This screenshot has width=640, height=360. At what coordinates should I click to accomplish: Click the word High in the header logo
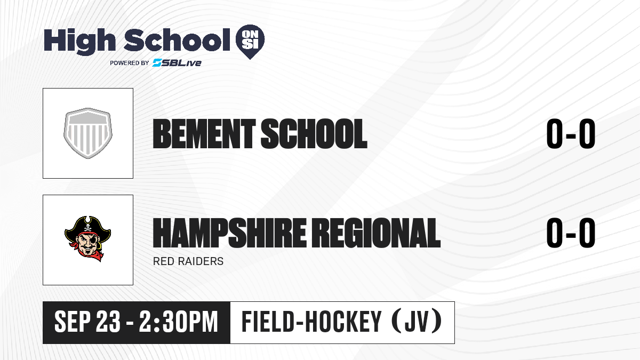pyautogui.click(x=79, y=41)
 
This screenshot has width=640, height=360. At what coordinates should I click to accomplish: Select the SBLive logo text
pyautogui.click(x=177, y=63)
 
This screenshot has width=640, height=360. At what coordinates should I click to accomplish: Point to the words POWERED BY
pyautogui.click(x=130, y=63)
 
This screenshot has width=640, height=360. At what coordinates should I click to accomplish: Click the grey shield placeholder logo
pyautogui.click(x=88, y=133)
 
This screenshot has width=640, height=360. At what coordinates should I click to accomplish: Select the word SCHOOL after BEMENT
pyautogui.click(x=314, y=134)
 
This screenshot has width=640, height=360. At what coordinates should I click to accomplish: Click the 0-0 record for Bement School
pyautogui.click(x=571, y=134)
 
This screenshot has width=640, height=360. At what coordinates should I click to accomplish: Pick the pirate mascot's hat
pyautogui.click(x=87, y=227)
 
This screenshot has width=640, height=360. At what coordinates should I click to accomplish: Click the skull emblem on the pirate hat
pyautogui.click(x=87, y=228)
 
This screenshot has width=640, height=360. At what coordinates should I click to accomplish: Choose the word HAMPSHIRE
pyautogui.click(x=229, y=233)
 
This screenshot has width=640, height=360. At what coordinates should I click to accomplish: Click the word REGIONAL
pyautogui.click(x=375, y=233)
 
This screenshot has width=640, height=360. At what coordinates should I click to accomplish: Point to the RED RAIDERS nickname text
pyautogui.click(x=188, y=261)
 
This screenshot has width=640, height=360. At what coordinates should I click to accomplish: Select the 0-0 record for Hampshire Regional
pyautogui.click(x=571, y=233)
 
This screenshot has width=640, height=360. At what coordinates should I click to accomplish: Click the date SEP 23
pyautogui.click(x=87, y=322)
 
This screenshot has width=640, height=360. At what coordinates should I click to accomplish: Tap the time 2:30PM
pyautogui.click(x=179, y=322)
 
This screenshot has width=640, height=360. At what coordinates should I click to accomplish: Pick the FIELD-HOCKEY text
pyautogui.click(x=311, y=322)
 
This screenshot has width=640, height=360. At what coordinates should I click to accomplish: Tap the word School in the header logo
pyautogui.click(x=177, y=40)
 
